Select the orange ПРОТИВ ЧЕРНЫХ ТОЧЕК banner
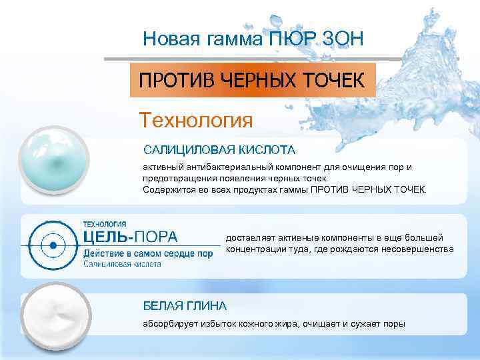[x=252, y=81]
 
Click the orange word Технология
[x=196, y=121]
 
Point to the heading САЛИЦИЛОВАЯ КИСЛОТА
[x=219, y=149]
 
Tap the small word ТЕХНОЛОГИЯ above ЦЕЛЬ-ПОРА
[x=105, y=224]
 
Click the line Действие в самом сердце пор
[x=147, y=253]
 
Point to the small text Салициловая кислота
[x=122, y=264]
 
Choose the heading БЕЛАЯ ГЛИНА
[x=185, y=305]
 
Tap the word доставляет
[x=249, y=238]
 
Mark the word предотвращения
[x=178, y=178]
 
